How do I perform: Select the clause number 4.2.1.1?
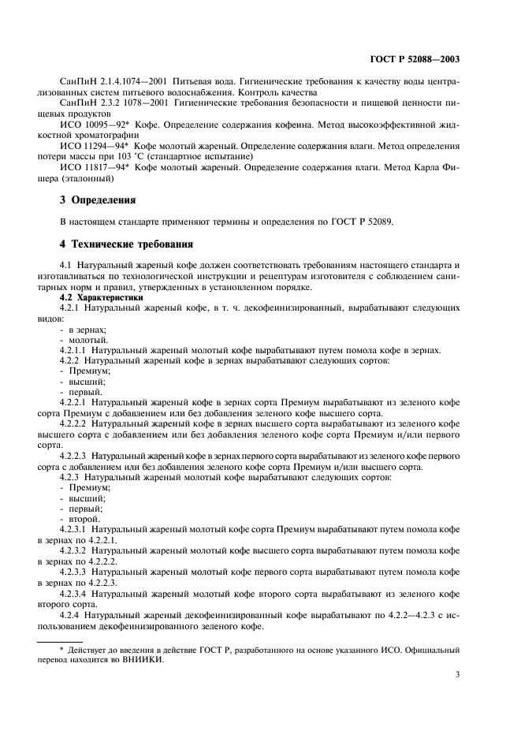(x=73, y=349)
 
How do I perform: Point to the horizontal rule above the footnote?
(x=72, y=643)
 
